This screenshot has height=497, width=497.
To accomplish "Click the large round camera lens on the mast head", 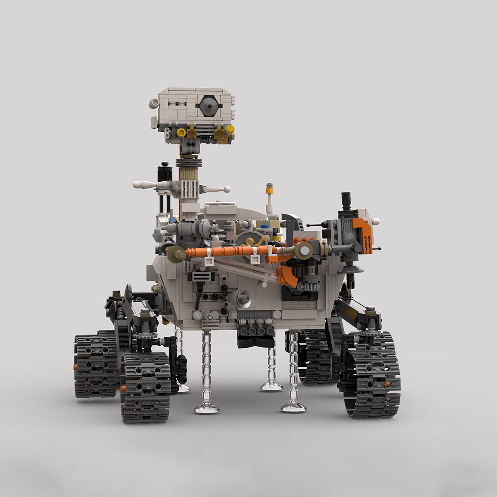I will coord(209,105).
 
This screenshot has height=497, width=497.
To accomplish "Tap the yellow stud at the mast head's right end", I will coord(229,129).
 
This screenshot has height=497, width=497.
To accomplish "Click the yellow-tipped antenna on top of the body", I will coord(269,189).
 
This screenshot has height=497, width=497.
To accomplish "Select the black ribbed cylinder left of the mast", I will coord(165,174).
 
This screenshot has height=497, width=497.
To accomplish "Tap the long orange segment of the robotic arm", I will coord(226,251).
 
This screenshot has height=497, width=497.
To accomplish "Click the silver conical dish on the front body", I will coord(243,298).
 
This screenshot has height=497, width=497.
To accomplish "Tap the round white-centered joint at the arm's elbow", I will coord(303,251).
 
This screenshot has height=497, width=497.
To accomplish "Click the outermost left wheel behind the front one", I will coord(95,366).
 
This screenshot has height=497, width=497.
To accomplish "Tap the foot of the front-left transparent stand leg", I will coord(206,409).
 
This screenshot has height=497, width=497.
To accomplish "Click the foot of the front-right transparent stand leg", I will coord(293,407).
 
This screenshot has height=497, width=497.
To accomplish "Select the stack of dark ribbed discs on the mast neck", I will coord(189,163).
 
